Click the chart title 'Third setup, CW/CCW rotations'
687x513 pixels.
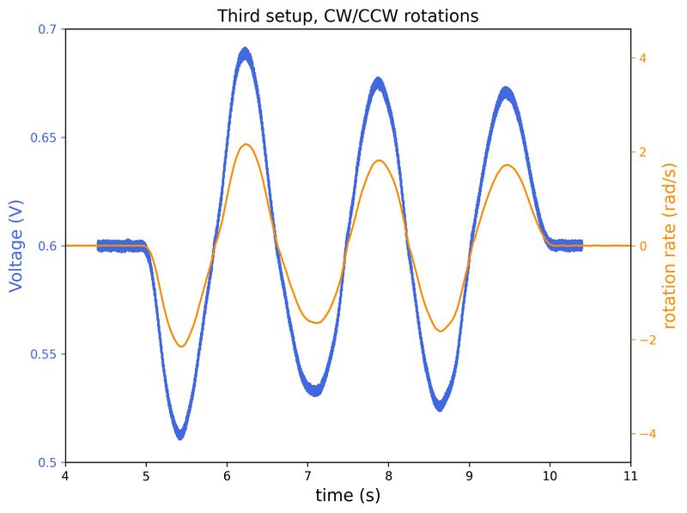click(x=348, y=15)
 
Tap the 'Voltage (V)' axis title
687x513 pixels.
click(x=16, y=246)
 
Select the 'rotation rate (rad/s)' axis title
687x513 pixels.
click(x=670, y=246)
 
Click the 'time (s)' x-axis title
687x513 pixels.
click(x=348, y=496)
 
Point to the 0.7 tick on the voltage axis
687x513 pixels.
click(x=47, y=29)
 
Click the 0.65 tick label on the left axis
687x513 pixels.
click(x=44, y=137)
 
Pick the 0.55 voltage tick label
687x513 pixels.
click(x=44, y=354)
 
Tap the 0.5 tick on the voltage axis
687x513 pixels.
click(x=47, y=462)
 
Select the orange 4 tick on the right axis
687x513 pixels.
click(x=642, y=58)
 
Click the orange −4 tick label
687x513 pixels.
click(x=646, y=434)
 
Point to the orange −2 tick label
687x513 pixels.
click(x=646, y=340)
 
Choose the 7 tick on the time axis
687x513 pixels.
click(x=307, y=475)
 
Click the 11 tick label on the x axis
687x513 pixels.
click(x=631, y=475)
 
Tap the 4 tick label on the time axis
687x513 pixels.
click(x=65, y=475)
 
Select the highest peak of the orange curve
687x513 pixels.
click(x=246, y=144)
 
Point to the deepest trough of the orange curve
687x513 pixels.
click(x=181, y=346)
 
